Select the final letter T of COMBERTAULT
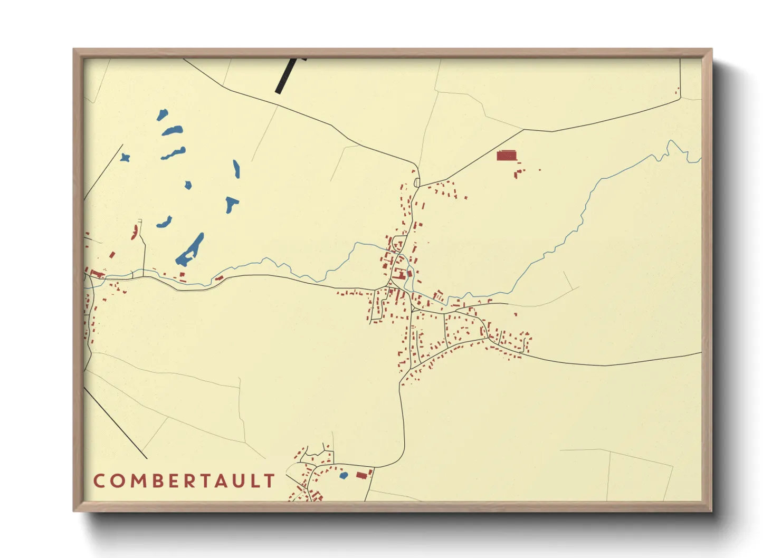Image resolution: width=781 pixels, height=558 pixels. pyautogui.click(x=270, y=481)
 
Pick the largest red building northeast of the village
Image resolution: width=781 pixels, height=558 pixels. pyautogui.click(x=507, y=156)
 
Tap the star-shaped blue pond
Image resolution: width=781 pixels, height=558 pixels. pyautogui.click(x=125, y=157)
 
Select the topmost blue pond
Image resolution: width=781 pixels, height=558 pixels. pyautogui.click(x=162, y=114)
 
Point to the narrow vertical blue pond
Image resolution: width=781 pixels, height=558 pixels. pyautogui.click(x=236, y=169)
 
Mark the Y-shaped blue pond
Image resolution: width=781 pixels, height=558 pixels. pyautogui.click(x=231, y=204)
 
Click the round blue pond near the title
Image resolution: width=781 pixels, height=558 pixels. pyautogui.click(x=344, y=476)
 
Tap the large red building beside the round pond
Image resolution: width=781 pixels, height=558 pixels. pyautogui.click(x=362, y=475)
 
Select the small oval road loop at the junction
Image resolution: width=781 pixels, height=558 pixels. pyautogui.click(x=417, y=182)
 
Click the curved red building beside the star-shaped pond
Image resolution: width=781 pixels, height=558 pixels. pyautogui.click(x=135, y=232)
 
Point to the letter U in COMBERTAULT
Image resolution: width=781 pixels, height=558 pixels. pyautogui.click(x=237, y=481)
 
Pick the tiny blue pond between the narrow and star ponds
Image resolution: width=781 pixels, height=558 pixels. pyautogui.click(x=188, y=185)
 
